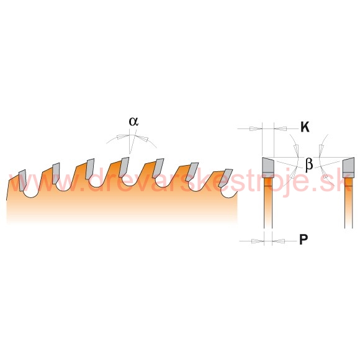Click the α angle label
[133, 122]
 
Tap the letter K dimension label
[305, 127]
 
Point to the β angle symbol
[309, 164]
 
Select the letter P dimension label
[304, 240]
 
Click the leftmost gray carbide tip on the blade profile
[22, 180]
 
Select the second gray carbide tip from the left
[56, 173]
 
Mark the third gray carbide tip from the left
[90, 169]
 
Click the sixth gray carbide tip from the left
[192, 172]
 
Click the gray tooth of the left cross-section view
[268, 165]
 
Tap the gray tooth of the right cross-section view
[348, 165]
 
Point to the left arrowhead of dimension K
[256, 128]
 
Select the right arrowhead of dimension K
[281, 128]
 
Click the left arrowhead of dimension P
[258, 241]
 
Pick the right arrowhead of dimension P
[278, 241]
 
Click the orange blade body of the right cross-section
[349, 203]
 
